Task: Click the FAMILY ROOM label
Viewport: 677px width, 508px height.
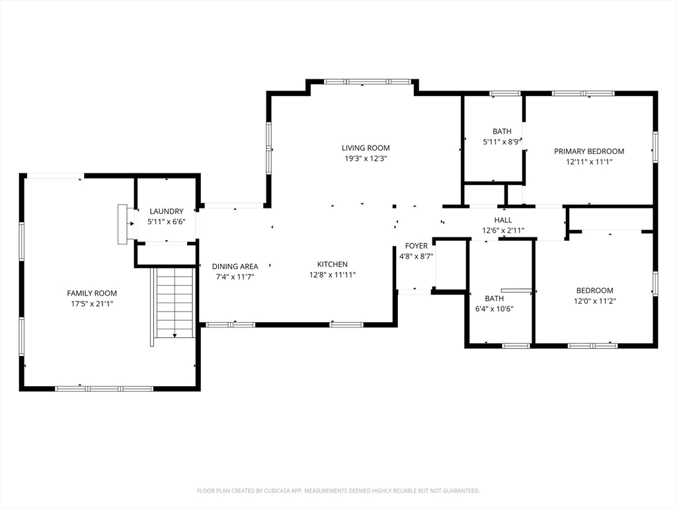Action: click(x=92, y=293)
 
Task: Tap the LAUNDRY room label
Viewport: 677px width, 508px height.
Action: click(x=167, y=211)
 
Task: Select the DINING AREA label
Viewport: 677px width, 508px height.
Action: click(x=235, y=267)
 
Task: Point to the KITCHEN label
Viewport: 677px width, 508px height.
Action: click(x=333, y=265)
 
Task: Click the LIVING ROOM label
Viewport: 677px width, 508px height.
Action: click(x=366, y=148)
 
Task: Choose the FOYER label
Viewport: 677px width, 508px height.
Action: click(x=417, y=246)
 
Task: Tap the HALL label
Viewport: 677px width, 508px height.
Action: click(x=503, y=220)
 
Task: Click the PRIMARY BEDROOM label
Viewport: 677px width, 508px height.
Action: click(x=589, y=151)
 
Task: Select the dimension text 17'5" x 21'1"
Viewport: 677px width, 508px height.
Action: click(x=92, y=304)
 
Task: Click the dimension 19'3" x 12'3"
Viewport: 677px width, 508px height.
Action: click(x=366, y=159)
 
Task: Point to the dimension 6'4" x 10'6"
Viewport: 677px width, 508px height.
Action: click(x=494, y=309)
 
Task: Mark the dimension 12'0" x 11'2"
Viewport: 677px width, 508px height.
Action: click(x=594, y=301)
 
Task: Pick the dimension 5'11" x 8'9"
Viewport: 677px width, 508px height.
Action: click(x=502, y=142)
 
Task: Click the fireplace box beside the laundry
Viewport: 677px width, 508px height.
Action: click(x=122, y=224)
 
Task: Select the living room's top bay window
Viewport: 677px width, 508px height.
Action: click(x=368, y=81)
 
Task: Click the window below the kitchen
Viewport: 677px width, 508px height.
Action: click(x=346, y=324)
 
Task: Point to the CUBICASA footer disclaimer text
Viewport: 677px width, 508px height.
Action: click(x=338, y=491)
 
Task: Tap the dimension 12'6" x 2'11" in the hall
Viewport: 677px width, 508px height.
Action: click(x=503, y=231)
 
